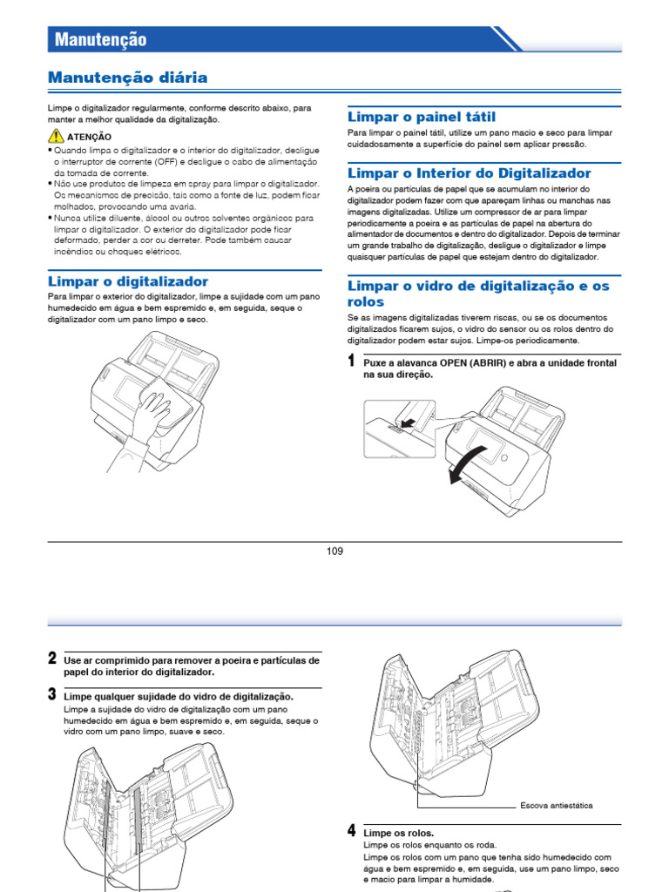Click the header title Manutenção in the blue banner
pyautogui.click(x=101, y=39)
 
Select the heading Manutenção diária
pyautogui.click(x=127, y=78)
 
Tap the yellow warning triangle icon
pyautogui.click(x=56, y=135)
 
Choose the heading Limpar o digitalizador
pyautogui.click(x=127, y=281)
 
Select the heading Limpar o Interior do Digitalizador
pyautogui.click(x=469, y=173)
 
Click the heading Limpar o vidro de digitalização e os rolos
pyautogui.click(x=478, y=294)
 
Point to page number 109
pyautogui.click(x=334, y=551)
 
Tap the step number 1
pyautogui.click(x=351, y=361)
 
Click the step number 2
pyautogui.click(x=52, y=659)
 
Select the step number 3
pyautogui.click(x=52, y=694)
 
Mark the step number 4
pyautogui.click(x=351, y=830)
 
